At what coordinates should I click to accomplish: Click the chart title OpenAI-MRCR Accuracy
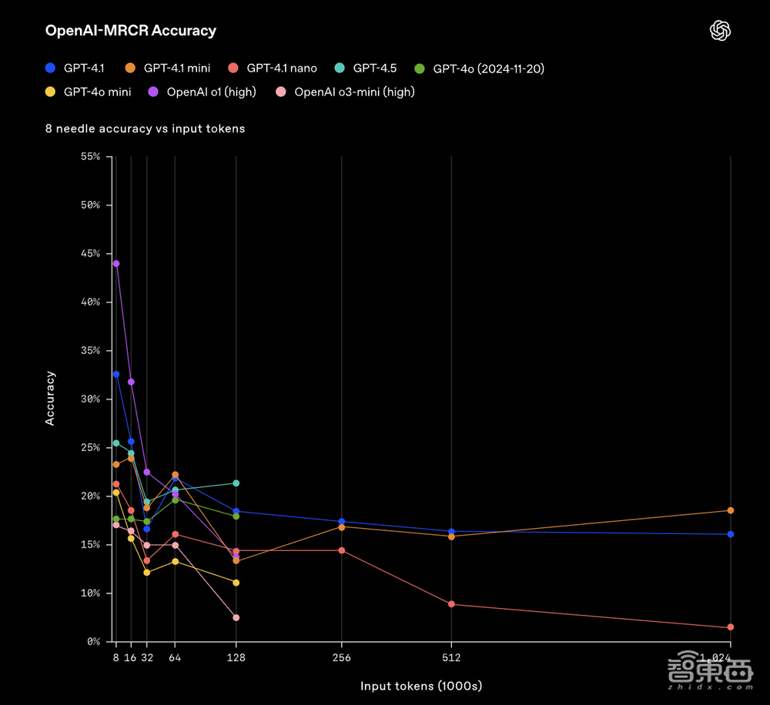click(131, 31)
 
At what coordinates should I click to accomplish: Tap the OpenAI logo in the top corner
click(720, 31)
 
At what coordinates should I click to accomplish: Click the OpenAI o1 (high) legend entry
click(203, 92)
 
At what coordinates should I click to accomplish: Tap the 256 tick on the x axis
click(341, 658)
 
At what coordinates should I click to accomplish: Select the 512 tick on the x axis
click(451, 658)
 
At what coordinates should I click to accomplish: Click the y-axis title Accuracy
click(51, 399)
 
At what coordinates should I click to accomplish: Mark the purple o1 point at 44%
click(116, 263)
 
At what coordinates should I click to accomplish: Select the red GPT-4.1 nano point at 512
click(451, 604)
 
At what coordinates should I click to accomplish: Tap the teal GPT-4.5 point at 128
click(236, 483)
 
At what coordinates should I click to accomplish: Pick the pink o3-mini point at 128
click(236, 617)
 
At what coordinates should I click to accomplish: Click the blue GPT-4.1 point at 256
click(342, 522)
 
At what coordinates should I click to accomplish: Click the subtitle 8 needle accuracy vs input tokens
click(145, 129)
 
